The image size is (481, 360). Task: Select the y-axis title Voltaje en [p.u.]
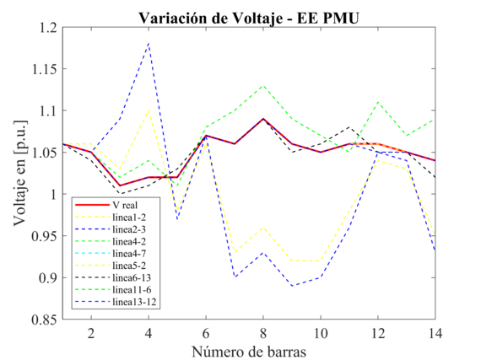click(x=19, y=174)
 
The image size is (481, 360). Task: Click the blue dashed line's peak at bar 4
click(x=149, y=43)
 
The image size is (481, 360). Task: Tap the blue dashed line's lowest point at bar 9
click(x=291, y=286)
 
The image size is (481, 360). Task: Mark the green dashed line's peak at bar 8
click(x=262, y=85)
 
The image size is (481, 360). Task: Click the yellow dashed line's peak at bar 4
click(x=149, y=110)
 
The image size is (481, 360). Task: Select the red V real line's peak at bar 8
click(x=262, y=119)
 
